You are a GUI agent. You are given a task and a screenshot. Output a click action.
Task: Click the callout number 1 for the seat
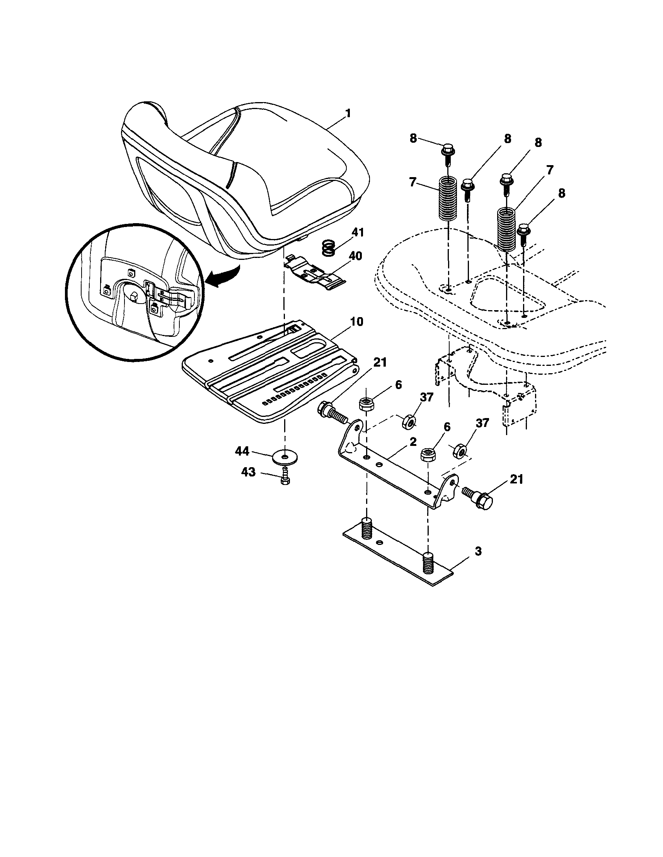[x=348, y=114]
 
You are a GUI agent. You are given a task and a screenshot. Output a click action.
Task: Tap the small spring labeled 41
[x=330, y=248]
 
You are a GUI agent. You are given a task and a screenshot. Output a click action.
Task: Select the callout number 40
[x=355, y=256]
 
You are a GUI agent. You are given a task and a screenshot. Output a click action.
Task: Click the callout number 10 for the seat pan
[x=356, y=322]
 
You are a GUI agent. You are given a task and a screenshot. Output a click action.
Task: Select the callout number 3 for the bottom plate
[x=478, y=551]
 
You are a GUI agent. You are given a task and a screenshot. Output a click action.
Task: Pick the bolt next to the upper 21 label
[x=332, y=413]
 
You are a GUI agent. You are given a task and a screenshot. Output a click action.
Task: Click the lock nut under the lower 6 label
[x=427, y=454]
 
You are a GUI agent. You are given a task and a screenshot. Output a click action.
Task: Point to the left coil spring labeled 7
[x=448, y=198]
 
